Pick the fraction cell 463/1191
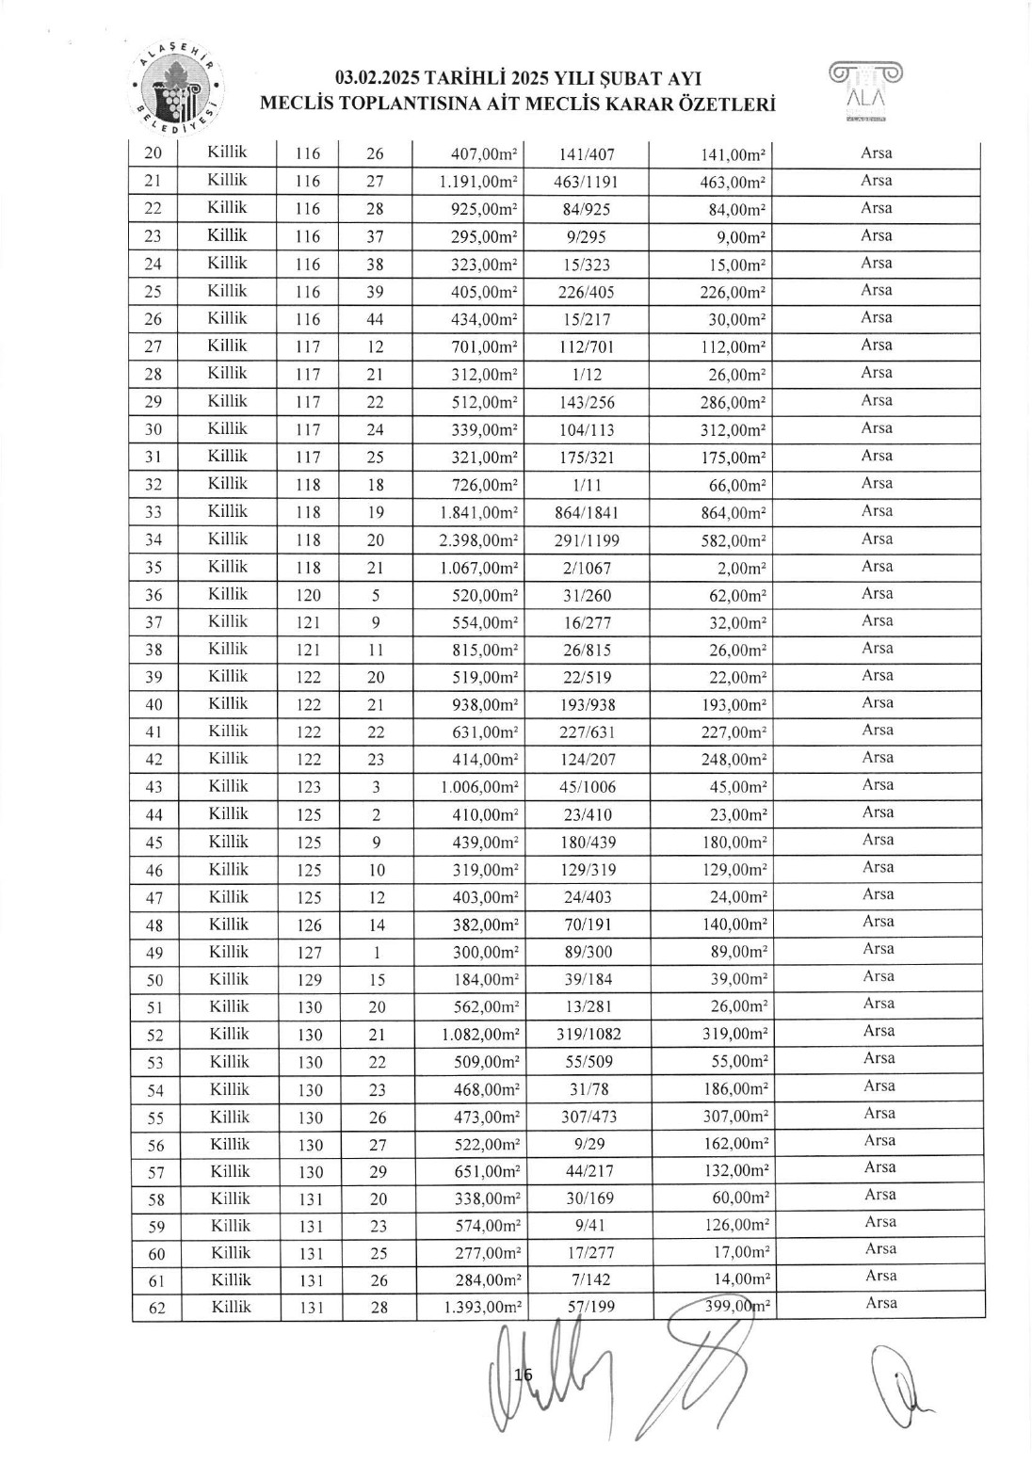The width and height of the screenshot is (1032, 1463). click(x=587, y=182)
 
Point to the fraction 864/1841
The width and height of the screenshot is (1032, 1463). click(x=587, y=513)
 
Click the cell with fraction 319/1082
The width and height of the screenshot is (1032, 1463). click(x=587, y=1034)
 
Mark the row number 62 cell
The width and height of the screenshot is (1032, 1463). click(x=156, y=1308)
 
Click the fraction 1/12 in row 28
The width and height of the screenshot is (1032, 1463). click(x=587, y=375)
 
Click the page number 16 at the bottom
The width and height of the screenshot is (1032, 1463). click(x=524, y=1375)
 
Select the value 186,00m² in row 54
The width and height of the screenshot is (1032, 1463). click(x=737, y=1088)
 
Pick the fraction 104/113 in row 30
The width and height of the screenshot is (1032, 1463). click(x=587, y=430)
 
